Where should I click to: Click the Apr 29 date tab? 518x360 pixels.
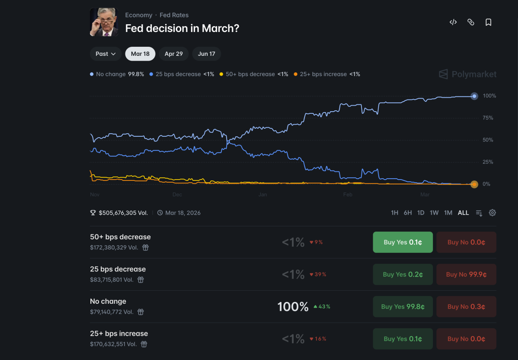coord(174,54)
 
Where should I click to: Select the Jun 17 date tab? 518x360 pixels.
coord(206,54)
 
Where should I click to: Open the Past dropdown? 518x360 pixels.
coord(106,54)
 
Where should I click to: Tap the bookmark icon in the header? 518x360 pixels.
coord(488,22)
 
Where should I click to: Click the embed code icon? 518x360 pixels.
coord(453,22)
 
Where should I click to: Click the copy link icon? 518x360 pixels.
coord(471,22)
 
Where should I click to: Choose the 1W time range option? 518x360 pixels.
coord(434,213)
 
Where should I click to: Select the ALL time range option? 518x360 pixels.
coord(463,213)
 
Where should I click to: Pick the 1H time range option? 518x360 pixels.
coord(394,213)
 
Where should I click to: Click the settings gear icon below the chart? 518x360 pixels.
coord(492,213)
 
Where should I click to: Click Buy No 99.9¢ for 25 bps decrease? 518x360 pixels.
coord(466,274)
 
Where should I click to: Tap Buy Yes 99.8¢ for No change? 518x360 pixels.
coord(403,307)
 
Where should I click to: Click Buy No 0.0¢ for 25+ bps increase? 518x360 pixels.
coord(466,339)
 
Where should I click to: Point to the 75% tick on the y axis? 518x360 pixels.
coord(488,118)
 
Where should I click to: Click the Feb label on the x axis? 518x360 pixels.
coord(348,195)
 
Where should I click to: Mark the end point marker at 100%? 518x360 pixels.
coord(474,96)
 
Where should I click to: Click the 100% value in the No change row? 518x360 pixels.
coord(293,307)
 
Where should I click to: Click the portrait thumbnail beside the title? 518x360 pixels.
coord(104,22)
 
